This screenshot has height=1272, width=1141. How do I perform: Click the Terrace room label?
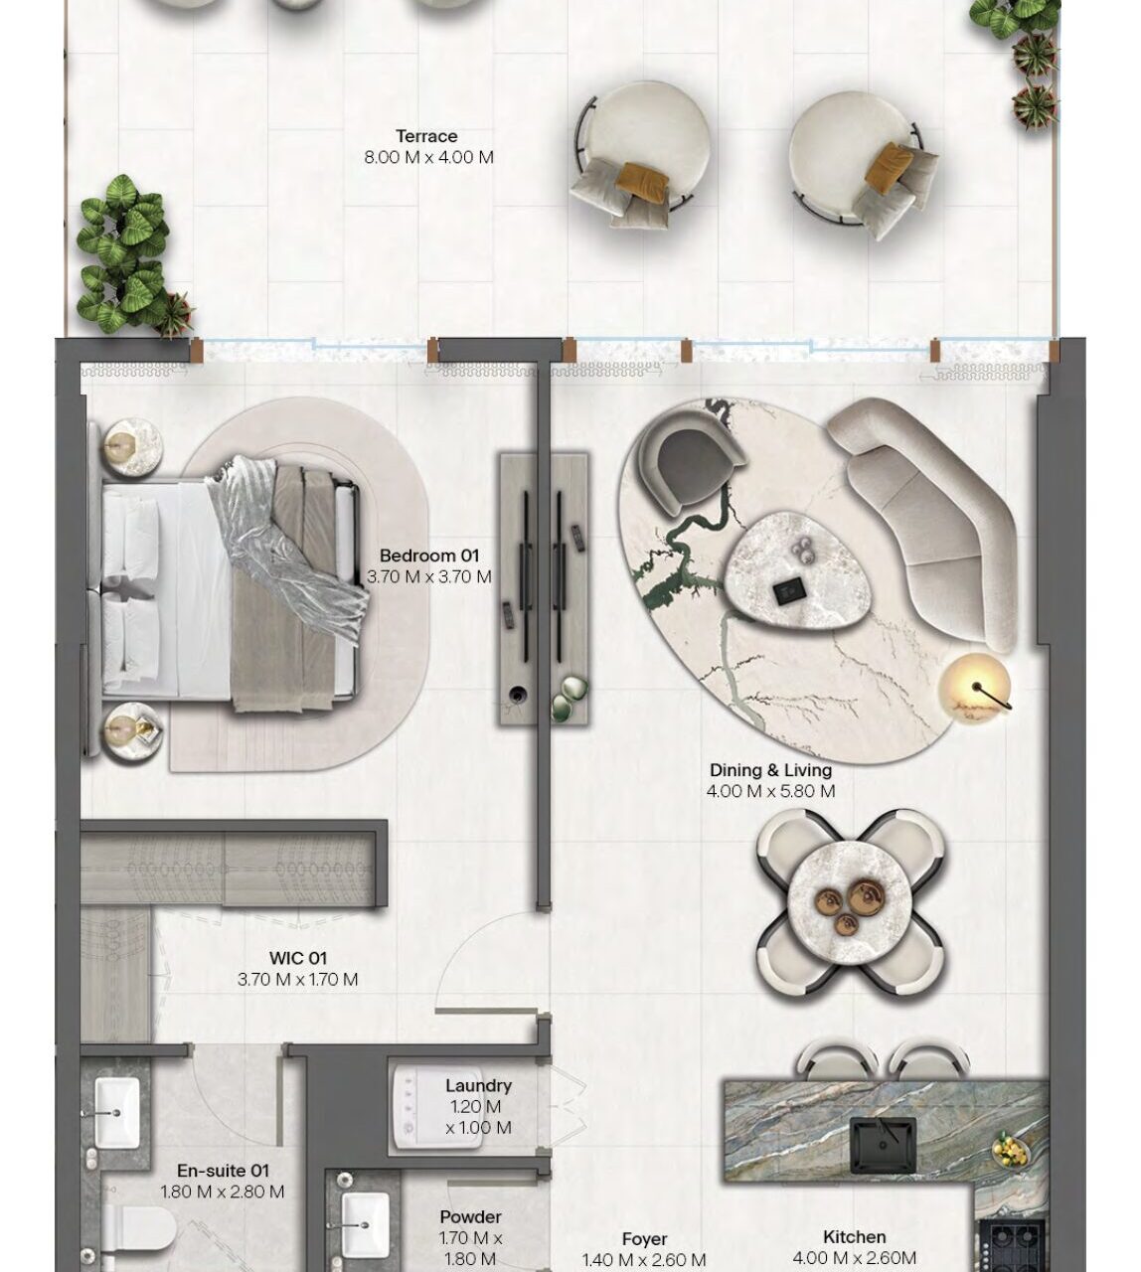point(426,136)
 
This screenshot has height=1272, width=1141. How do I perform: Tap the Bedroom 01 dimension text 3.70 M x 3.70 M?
point(429,576)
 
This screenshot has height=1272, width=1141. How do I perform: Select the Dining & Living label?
point(770,770)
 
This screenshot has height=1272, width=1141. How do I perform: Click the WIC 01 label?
point(298,958)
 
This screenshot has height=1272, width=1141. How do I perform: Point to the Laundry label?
point(478,1085)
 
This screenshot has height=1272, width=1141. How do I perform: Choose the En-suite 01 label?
point(223,1171)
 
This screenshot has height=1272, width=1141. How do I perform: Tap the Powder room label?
point(470,1216)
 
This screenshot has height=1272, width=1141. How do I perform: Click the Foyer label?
point(644,1239)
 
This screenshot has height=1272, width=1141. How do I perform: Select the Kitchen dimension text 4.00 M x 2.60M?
point(854,1257)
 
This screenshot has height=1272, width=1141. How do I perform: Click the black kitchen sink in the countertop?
point(883,1145)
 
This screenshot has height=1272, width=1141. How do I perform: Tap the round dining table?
point(850,903)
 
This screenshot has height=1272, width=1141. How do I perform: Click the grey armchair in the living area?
point(688,461)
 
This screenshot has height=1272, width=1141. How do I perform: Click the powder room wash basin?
point(365,1226)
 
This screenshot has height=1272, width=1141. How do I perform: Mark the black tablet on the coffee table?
point(785,592)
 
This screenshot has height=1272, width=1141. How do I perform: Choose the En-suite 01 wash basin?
point(117,1112)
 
